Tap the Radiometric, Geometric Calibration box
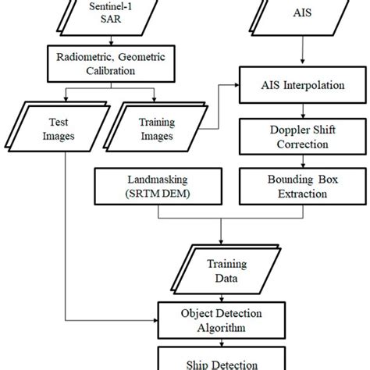111,64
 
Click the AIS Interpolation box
303,85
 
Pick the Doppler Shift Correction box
303,137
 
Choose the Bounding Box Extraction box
303,187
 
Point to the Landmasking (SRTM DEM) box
158,187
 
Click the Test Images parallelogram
58,127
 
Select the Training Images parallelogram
155,127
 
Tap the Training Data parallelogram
226,269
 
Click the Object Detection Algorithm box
222,320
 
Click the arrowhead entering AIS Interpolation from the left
237,85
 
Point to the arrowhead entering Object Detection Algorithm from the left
155,320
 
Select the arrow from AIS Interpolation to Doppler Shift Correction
303,111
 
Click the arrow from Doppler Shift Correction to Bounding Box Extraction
303,162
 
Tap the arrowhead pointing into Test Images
66,99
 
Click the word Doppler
286,130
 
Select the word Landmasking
158,180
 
